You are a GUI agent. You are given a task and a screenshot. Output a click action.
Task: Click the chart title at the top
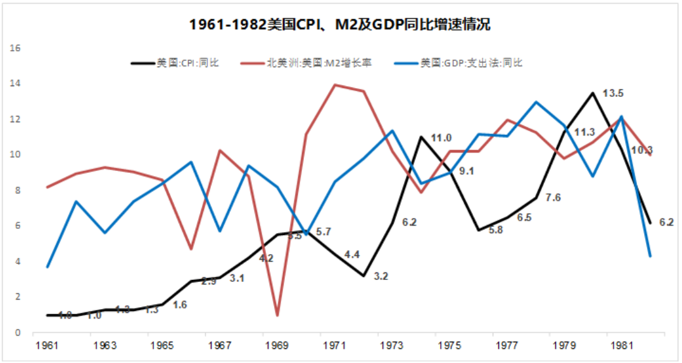[340, 25]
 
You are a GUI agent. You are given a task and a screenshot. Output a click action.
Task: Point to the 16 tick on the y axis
[17, 48]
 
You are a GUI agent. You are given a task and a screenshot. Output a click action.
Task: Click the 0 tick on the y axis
[20, 332]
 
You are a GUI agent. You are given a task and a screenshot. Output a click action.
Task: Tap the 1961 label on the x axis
[47, 345]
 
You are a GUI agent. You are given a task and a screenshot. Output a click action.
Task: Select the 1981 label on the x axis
[622, 345]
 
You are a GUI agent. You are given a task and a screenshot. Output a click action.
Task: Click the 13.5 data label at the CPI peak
[612, 93]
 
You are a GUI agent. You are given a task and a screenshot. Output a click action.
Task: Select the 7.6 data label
[553, 198]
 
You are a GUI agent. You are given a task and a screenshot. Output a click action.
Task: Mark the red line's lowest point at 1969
[277, 315]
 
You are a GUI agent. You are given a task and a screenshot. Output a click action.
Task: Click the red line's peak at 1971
[335, 85]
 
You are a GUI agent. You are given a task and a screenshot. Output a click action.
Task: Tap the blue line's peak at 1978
[536, 102]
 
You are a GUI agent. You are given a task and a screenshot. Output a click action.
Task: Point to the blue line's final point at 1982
[651, 256]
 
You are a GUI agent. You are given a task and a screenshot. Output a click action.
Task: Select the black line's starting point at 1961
[47, 315]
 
